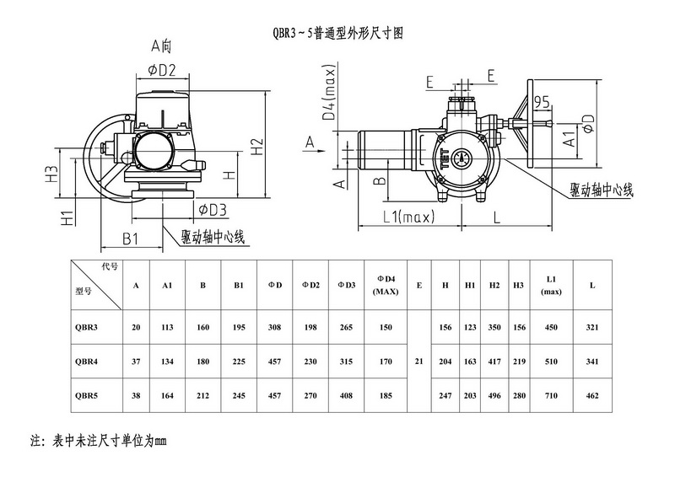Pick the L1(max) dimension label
[408, 217]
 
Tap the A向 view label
[161, 45]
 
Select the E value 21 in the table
[419, 361]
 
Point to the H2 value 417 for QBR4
[494, 361]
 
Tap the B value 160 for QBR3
[202, 328]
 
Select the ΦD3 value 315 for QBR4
[345, 361]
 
